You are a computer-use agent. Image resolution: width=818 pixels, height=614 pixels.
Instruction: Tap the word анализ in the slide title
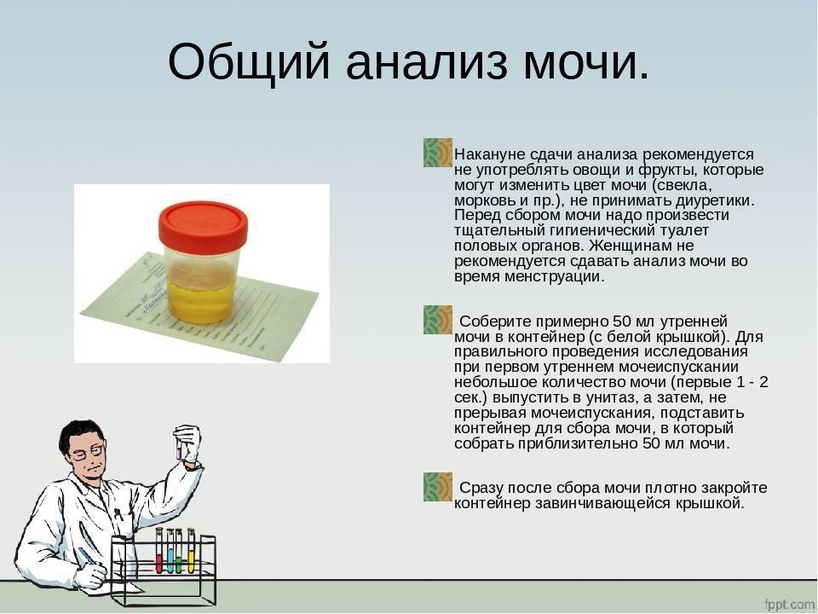tap(426, 62)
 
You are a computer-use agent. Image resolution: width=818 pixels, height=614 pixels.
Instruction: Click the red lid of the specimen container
tap(203, 227)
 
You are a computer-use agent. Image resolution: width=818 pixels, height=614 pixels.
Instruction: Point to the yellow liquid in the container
tap(201, 298)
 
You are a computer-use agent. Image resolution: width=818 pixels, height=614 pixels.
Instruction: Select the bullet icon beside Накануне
tap(438, 153)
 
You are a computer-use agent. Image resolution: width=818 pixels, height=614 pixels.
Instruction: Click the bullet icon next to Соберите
tap(438, 320)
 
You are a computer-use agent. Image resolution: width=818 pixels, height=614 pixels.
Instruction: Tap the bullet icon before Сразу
tap(438, 487)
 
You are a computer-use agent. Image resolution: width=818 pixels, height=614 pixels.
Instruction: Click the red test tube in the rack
tap(159, 550)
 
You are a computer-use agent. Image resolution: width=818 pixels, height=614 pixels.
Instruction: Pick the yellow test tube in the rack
tap(191, 550)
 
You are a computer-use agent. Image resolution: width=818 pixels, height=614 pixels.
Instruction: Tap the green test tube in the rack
tap(179, 550)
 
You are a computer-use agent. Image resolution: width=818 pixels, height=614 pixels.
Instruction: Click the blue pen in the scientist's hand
tap(88, 557)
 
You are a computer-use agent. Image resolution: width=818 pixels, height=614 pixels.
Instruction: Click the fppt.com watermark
tap(790, 604)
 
